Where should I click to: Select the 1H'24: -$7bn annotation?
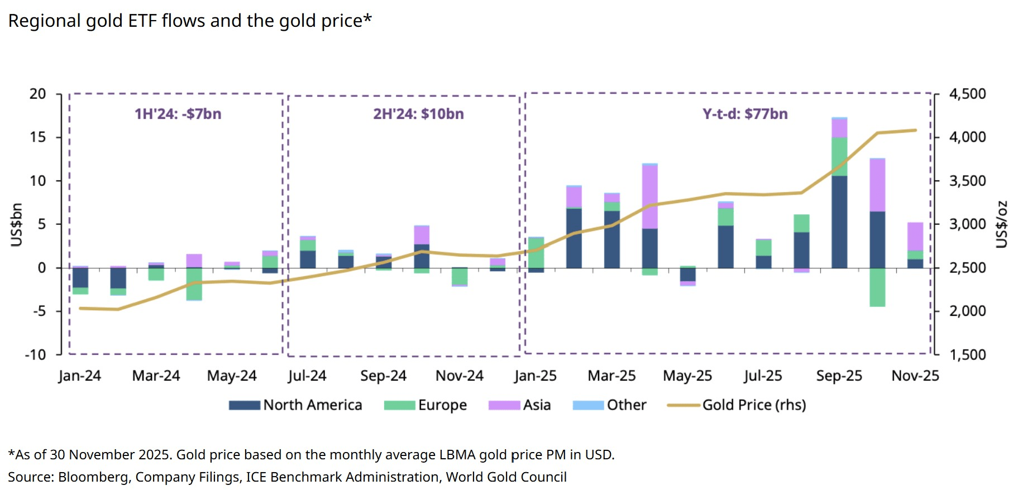pyautogui.click(x=178, y=114)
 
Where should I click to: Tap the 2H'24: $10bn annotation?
pyautogui.click(x=418, y=114)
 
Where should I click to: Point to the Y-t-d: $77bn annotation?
pyautogui.click(x=745, y=114)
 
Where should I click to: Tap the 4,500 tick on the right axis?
pyautogui.click(x=967, y=94)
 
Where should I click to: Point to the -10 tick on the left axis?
pyautogui.click(x=35, y=355)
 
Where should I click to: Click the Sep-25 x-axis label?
pyautogui.click(x=839, y=376)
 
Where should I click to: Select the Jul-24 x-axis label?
pyautogui.click(x=307, y=376)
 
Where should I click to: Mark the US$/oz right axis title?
pyautogui.click(x=1002, y=224)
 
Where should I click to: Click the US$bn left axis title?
pyautogui.click(x=17, y=224)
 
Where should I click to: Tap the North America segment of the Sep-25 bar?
pyautogui.click(x=839, y=222)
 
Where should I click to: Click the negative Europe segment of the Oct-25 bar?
pyautogui.click(x=877, y=287)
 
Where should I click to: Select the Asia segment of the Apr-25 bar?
pyautogui.click(x=649, y=197)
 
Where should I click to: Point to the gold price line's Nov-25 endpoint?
pyautogui.click(x=915, y=131)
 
